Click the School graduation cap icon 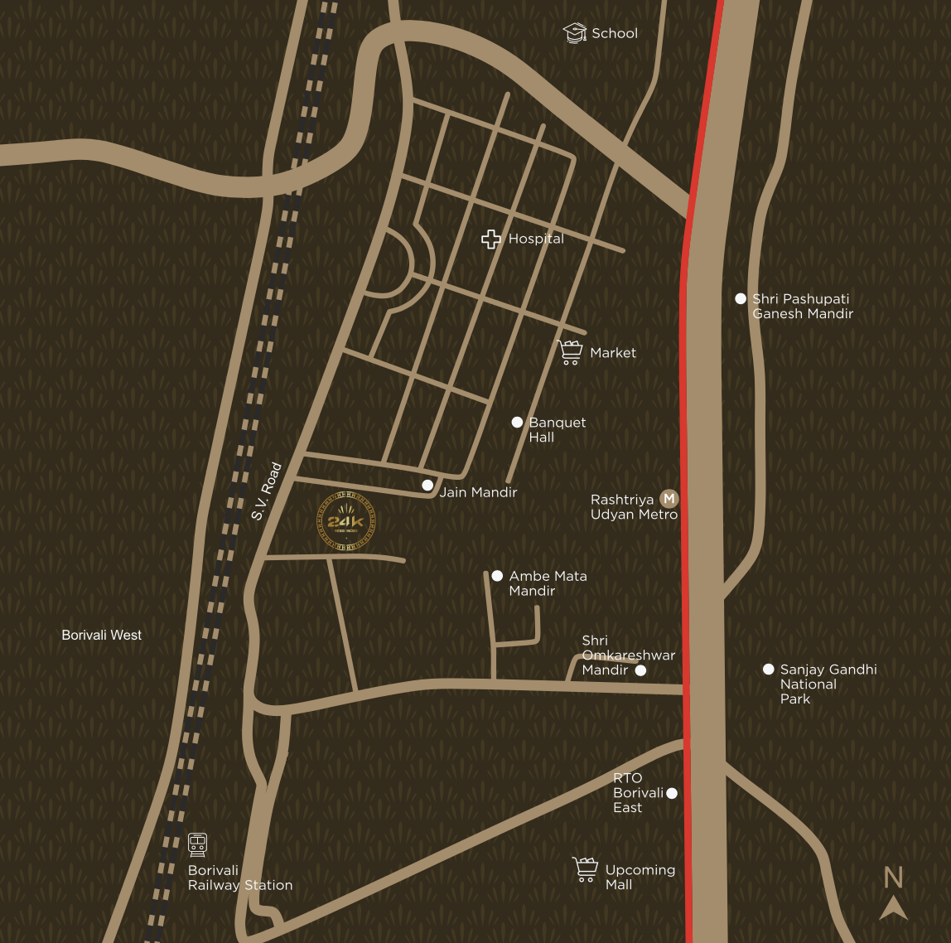click(574, 33)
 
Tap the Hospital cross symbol click(491, 239)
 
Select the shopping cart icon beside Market click(570, 352)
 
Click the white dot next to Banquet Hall click(517, 423)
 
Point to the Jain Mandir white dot click(427, 486)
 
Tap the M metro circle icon click(669, 499)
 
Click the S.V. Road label click(267, 491)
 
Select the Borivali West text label click(102, 635)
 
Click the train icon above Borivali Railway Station click(197, 844)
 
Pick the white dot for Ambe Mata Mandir click(497, 576)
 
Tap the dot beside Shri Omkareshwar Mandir click(640, 670)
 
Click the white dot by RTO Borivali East click(672, 793)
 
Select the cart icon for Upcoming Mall click(586, 869)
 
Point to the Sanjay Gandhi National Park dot click(769, 670)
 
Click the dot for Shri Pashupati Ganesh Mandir click(741, 298)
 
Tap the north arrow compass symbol click(893, 907)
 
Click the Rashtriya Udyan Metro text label click(634, 507)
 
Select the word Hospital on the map click(536, 239)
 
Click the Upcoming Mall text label click(640, 877)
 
